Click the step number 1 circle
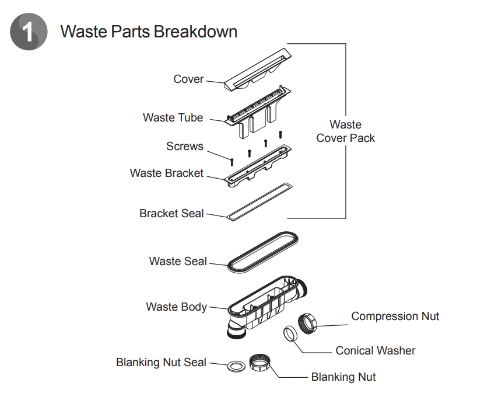(x=29, y=32)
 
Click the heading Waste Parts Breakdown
(x=149, y=31)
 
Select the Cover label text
(x=188, y=79)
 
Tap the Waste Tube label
(x=173, y=117)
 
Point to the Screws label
(x=185, y=146)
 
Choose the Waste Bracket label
(x=167, y=173)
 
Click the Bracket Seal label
(x=171, y=213)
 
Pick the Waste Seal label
(x=178, y=261)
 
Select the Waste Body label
(x=176, y=306)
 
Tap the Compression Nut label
(x=395, y=316)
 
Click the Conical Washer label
(x=376, y=350)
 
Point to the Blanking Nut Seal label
(x=161, y=363)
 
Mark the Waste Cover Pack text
(x=346, y=131)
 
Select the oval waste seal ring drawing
(x=262, y=252)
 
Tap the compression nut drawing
(x=307, y=323)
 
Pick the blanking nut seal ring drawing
(x=235, y=367)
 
